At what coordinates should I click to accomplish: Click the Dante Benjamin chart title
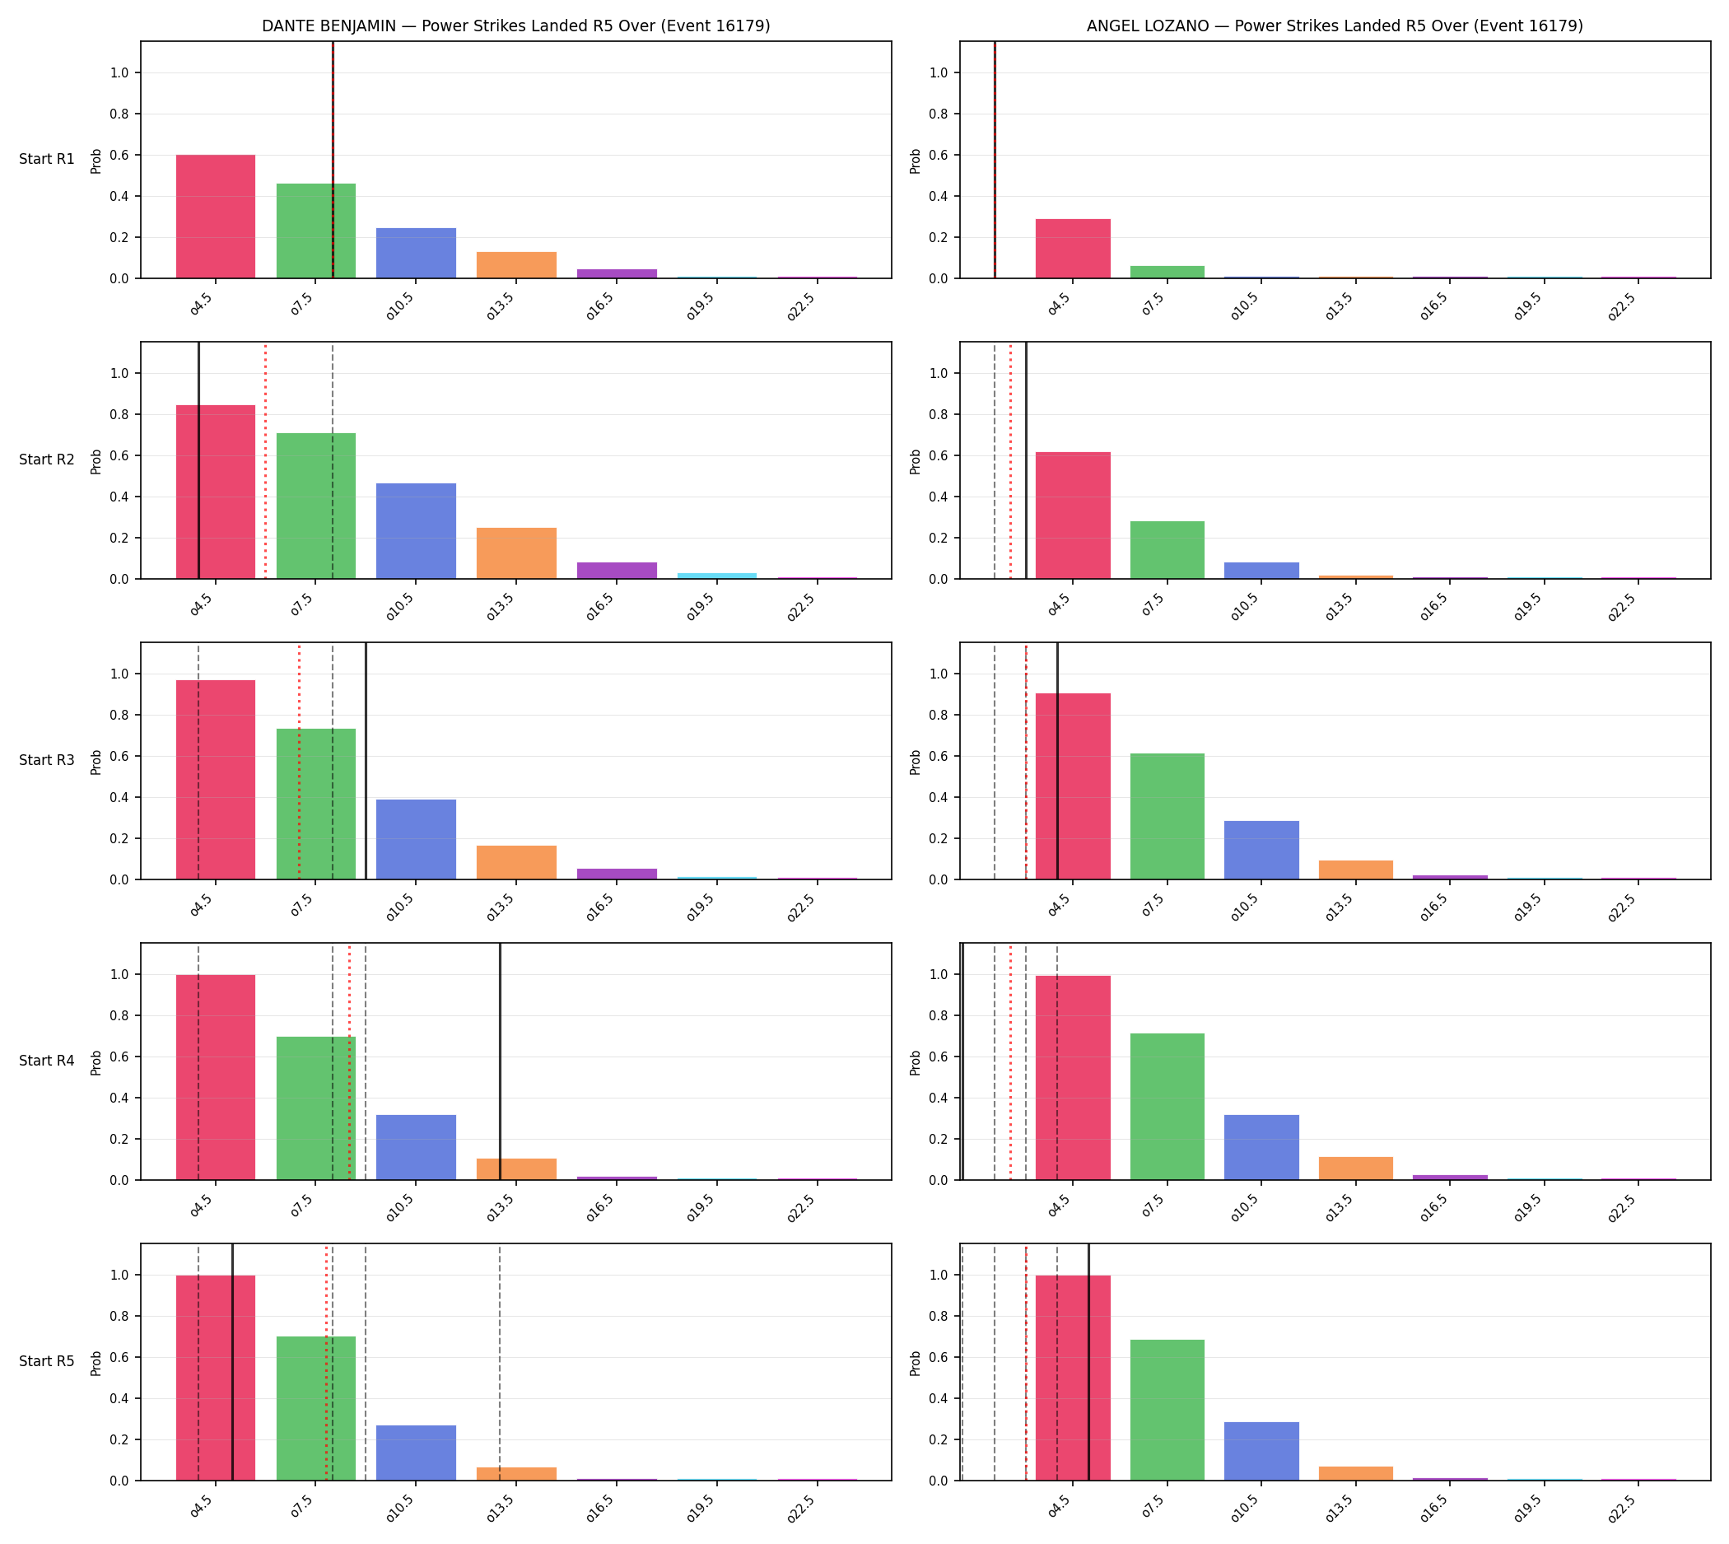point(515,26)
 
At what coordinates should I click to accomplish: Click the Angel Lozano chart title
point(1335,26)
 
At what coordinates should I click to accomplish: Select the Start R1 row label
point(47,160)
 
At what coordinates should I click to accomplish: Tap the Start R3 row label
point(47,761)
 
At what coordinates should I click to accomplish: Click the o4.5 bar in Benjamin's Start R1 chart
point(216,217)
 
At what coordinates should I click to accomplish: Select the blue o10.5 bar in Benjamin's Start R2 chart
point(416,531)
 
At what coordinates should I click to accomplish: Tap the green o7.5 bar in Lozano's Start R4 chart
point(1167,1106)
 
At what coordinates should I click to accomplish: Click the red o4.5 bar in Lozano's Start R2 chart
point(1072,515)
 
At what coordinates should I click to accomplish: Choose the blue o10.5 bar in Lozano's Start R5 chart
point(1261,1452)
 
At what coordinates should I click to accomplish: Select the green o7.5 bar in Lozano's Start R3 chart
point(1167,817)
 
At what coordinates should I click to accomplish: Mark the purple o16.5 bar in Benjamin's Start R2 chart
point(616,571)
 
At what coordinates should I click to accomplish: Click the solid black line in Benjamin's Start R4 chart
point(500,1061)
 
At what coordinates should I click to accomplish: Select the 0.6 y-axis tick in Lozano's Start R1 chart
point(939,156)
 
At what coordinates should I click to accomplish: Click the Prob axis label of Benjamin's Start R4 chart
point(96,1062)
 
